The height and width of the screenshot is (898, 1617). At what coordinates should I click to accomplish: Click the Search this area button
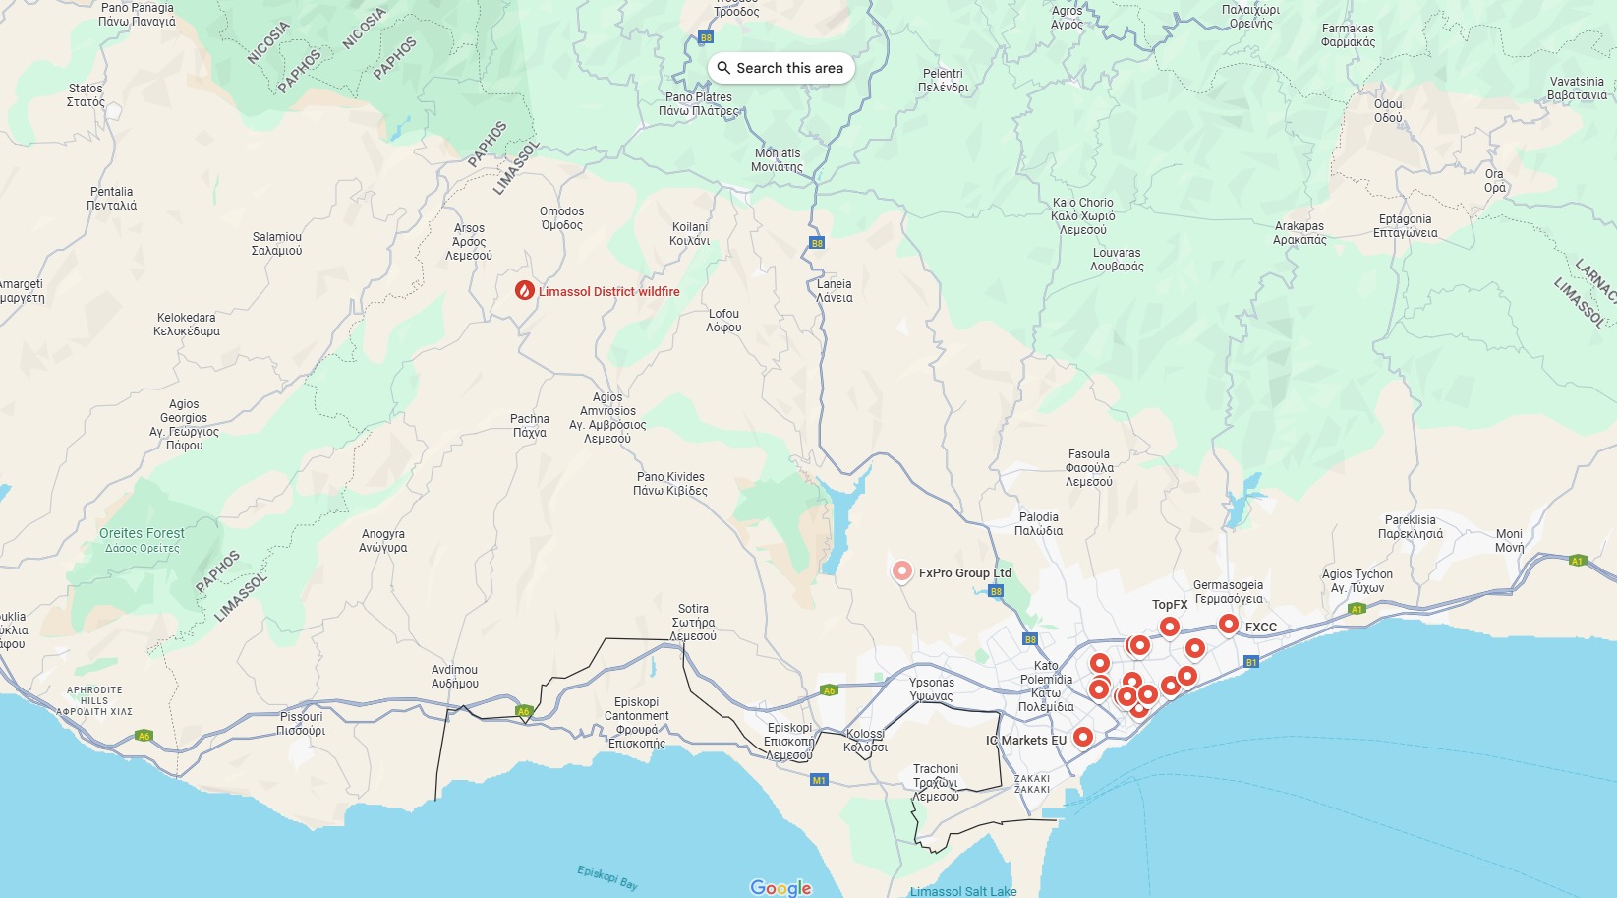(780, 68)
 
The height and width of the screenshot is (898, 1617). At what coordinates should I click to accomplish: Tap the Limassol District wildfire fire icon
(525, 290)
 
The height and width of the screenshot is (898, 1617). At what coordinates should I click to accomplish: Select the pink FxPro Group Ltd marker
(901, 571)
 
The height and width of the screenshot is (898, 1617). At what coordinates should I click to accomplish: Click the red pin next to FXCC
(1228, 625)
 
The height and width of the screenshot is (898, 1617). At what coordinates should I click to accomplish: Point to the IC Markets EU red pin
(1082, 737)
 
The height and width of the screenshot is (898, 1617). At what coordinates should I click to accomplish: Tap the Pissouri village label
(301, 724)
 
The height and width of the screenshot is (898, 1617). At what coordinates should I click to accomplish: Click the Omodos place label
(561, 218)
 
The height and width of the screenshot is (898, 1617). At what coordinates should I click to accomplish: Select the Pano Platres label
(698, 104)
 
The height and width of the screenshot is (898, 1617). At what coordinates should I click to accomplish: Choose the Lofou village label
(723, 321)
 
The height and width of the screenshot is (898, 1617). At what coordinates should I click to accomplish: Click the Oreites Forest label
(142, 539)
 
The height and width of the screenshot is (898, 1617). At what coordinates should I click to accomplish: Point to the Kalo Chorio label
(1082, 216)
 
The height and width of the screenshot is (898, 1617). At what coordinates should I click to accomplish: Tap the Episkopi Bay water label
(607, 877)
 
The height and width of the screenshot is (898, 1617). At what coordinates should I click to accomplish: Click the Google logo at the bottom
(780, 888)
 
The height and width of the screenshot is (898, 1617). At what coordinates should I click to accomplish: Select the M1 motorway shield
(819, 780)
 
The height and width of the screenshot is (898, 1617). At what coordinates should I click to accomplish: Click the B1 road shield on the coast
(1251, 662)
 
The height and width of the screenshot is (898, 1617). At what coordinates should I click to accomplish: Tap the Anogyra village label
(382, 541)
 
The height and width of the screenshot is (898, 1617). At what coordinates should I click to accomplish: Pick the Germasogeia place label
(1228, 592)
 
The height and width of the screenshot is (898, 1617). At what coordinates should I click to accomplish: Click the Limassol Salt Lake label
(963, 891)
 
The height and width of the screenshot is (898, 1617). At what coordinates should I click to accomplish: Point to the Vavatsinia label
(1577, 89)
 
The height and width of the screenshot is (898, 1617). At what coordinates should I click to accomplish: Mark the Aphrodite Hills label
(94, 701)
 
